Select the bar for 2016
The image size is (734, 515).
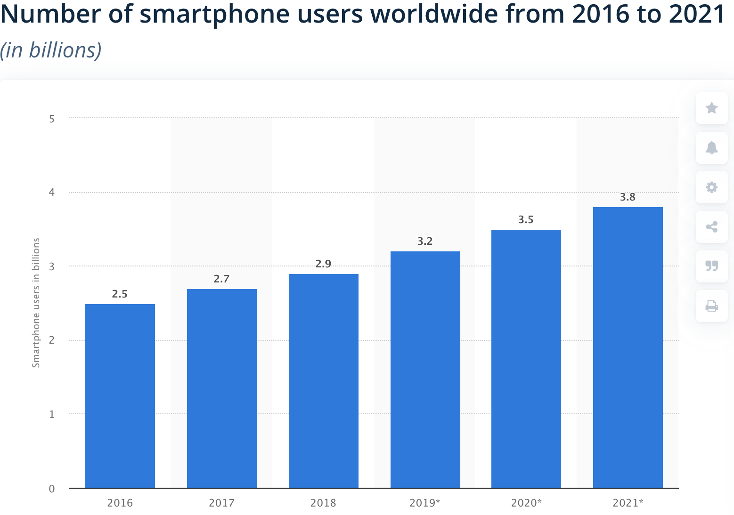120,395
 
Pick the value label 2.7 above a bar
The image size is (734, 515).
221,279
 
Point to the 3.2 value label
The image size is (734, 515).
425,241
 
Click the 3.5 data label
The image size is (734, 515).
526,220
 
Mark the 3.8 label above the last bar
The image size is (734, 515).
628,197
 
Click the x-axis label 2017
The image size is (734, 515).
221,503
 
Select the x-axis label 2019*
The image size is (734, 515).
425,503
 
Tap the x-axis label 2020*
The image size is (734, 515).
526,503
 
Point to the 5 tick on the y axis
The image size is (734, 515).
52,119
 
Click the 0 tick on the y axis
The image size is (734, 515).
52,489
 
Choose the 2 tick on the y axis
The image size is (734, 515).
52,340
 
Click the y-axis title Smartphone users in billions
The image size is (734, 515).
36,303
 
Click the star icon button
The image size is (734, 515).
711,108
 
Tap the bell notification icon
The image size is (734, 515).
711,148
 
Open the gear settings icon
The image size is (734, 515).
711,187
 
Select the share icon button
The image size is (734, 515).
711,227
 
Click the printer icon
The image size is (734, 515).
711,306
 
